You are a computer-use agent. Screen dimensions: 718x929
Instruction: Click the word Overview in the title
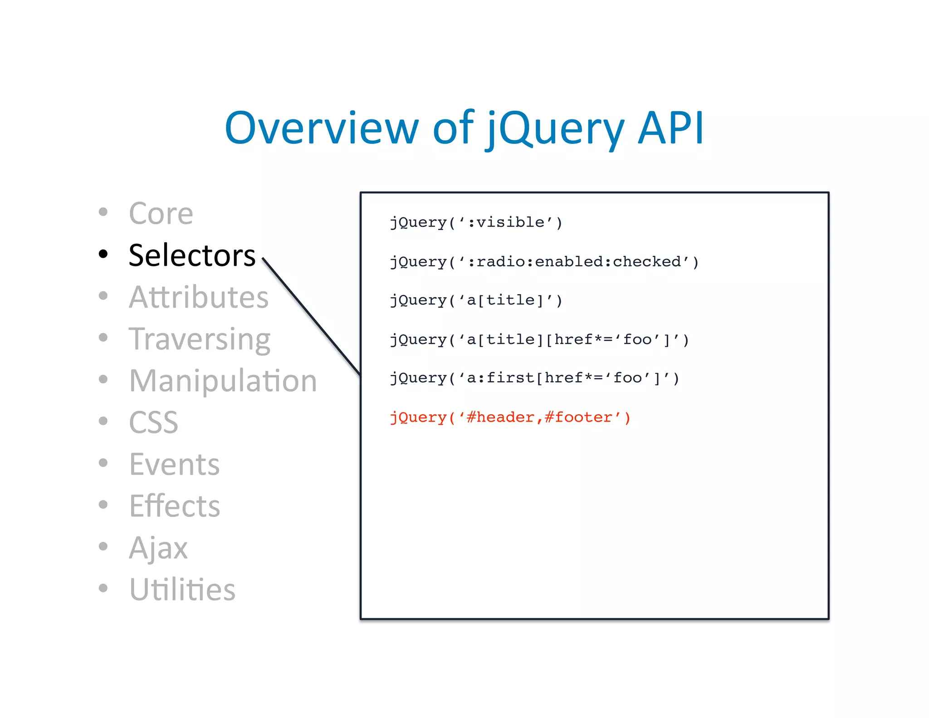click(x=321, y=128)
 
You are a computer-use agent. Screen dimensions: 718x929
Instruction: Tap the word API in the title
click(x=670, y=128)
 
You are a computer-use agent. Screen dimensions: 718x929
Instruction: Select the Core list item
click(x=161, y=213)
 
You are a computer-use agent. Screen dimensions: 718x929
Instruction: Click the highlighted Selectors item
click(x=192, y=255)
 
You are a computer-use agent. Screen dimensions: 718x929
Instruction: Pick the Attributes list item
click(x=199, y=297)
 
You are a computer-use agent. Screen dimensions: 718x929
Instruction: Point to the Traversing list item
click(x=200, y=339)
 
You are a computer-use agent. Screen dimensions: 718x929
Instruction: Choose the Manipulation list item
click(x=223, y=380)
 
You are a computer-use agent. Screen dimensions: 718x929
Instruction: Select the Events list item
click(x=174, y=464)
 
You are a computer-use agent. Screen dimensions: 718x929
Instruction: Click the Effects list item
click(x=175, y=506)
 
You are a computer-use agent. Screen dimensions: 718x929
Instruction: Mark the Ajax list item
click(x=158, y=548)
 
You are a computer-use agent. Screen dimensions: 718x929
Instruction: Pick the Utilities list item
click(x=182, y=590)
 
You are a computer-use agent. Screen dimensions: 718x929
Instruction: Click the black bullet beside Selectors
click(x=103, y=254)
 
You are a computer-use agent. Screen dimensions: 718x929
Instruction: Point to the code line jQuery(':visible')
click(x=476, y=222)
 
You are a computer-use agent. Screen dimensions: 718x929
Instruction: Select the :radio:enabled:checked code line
click(x=544, y=262)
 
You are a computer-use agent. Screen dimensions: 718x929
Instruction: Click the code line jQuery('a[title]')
click(x=476, y=300)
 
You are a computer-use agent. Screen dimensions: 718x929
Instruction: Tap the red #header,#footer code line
click(x=510, y=418)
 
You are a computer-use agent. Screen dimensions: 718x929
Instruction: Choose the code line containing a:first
click(x=534, y=378)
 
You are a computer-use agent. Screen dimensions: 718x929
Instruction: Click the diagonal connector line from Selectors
click(x=311, y=317)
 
